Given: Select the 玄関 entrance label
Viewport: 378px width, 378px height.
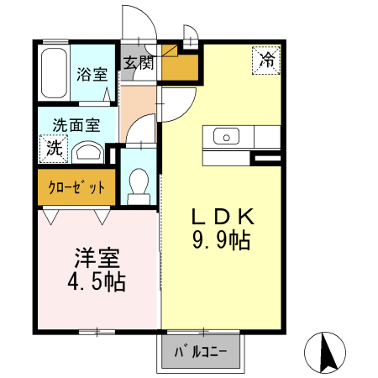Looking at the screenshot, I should (139, 62).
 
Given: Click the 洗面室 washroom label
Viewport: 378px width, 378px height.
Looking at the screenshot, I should (76, 125).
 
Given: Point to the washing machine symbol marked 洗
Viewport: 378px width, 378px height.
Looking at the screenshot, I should (53, 150).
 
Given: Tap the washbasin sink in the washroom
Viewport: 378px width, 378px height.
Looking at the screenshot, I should (87, 152).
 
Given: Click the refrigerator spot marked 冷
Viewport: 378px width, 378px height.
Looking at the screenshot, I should (266, 60).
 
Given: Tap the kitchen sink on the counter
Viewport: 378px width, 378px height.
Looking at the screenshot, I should (226, 136).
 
